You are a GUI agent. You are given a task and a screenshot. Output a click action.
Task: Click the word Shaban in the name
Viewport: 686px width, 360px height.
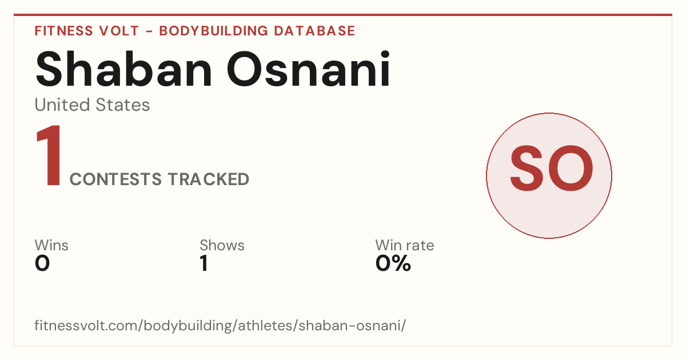pos(123,69)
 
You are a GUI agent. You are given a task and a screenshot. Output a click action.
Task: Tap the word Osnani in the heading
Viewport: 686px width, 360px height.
pos(308,69)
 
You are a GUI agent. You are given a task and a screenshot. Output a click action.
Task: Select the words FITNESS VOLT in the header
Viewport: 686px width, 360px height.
pos(87,31)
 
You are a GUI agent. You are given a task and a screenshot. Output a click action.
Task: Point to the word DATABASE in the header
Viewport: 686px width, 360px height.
pos(314,31)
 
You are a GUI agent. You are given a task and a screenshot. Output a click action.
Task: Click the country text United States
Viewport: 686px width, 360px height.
pos(92,105)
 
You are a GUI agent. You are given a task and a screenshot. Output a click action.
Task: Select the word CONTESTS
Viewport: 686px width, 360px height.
pos(115,179)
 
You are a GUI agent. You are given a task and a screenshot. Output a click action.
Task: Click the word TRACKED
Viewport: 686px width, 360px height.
pos(209,179)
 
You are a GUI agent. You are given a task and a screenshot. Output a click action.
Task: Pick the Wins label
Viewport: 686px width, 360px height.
pos(51,245)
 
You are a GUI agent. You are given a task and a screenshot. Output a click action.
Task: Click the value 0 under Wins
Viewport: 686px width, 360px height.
pos(42,263)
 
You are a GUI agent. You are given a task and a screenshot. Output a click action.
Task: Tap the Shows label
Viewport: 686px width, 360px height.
pos(222,245)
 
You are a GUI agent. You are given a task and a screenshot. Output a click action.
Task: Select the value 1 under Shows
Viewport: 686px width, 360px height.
pos(204,263)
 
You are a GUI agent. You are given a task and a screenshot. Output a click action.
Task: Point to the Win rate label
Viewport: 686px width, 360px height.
pos(405,245)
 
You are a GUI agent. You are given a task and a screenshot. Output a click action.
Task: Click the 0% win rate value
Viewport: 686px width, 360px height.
pos(393,263)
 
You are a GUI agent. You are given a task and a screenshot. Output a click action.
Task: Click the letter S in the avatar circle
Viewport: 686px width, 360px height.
pos(527,169)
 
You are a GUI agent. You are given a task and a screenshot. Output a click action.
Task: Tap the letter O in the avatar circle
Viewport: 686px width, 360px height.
pos(571,169)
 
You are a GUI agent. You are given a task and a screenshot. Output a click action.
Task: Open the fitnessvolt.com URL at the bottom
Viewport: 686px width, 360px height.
pos(220,325)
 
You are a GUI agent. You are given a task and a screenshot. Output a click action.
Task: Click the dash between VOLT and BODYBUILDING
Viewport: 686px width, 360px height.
pos(149,31)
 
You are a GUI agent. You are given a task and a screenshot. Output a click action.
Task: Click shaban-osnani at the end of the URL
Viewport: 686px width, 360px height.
pos(350,325)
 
